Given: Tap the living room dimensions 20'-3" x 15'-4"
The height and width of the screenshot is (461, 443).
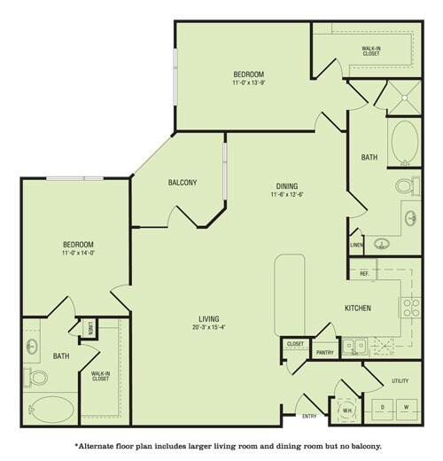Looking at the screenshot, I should click(209, 327).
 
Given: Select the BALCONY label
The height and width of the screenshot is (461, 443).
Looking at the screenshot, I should click(183, 183).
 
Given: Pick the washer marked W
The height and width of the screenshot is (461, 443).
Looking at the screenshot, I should click(406, 408).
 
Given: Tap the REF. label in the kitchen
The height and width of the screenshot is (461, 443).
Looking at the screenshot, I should click(364, 275).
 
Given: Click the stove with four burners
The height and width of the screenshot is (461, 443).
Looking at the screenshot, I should click(411, 307).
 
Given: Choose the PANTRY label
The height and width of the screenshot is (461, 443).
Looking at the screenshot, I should click(324, 353).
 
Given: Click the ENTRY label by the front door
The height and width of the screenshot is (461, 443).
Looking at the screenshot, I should click(309, 416).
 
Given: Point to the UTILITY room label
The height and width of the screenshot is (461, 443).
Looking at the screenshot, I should click(400, 380).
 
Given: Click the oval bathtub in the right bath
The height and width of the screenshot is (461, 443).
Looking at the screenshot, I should click(405, 142).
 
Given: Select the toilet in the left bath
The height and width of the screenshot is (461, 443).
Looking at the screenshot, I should click(38, 377).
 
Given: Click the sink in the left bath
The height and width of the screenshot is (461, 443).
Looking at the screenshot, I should click(33, 346).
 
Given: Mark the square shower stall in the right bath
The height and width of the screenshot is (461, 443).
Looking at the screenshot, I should click(403, 99).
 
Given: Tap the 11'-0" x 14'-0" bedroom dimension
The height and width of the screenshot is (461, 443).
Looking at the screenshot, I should click(77, 254).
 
